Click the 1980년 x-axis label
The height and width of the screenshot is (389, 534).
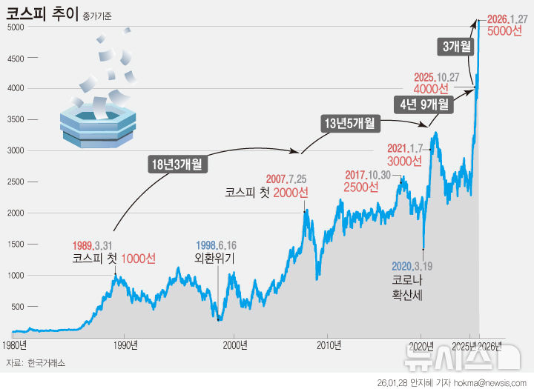click(15, 345)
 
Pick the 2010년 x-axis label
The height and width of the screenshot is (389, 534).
click(329, 345)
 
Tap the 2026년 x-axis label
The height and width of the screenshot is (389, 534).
click(489, 345)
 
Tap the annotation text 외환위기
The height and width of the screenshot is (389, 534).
click(214, 259)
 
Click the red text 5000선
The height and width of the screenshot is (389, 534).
click(504, 31)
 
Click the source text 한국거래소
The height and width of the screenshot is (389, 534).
click(46, 362)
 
